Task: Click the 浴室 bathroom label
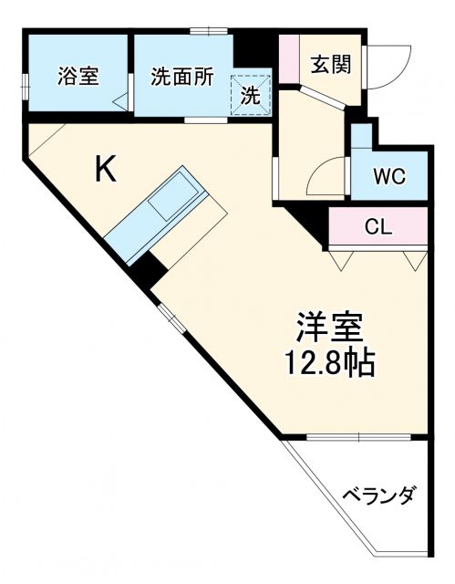pyautogui.click(x=78, y=77)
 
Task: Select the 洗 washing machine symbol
pyautogui.click(x=251, y=92)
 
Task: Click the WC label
pyautogui.click(x=389, y=175)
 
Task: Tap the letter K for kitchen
pyautogui.click(x=106, y=171)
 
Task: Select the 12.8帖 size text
pyautogui.click(x=329, y=363)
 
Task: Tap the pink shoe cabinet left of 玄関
pyautogui.click(x=289, y=60)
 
